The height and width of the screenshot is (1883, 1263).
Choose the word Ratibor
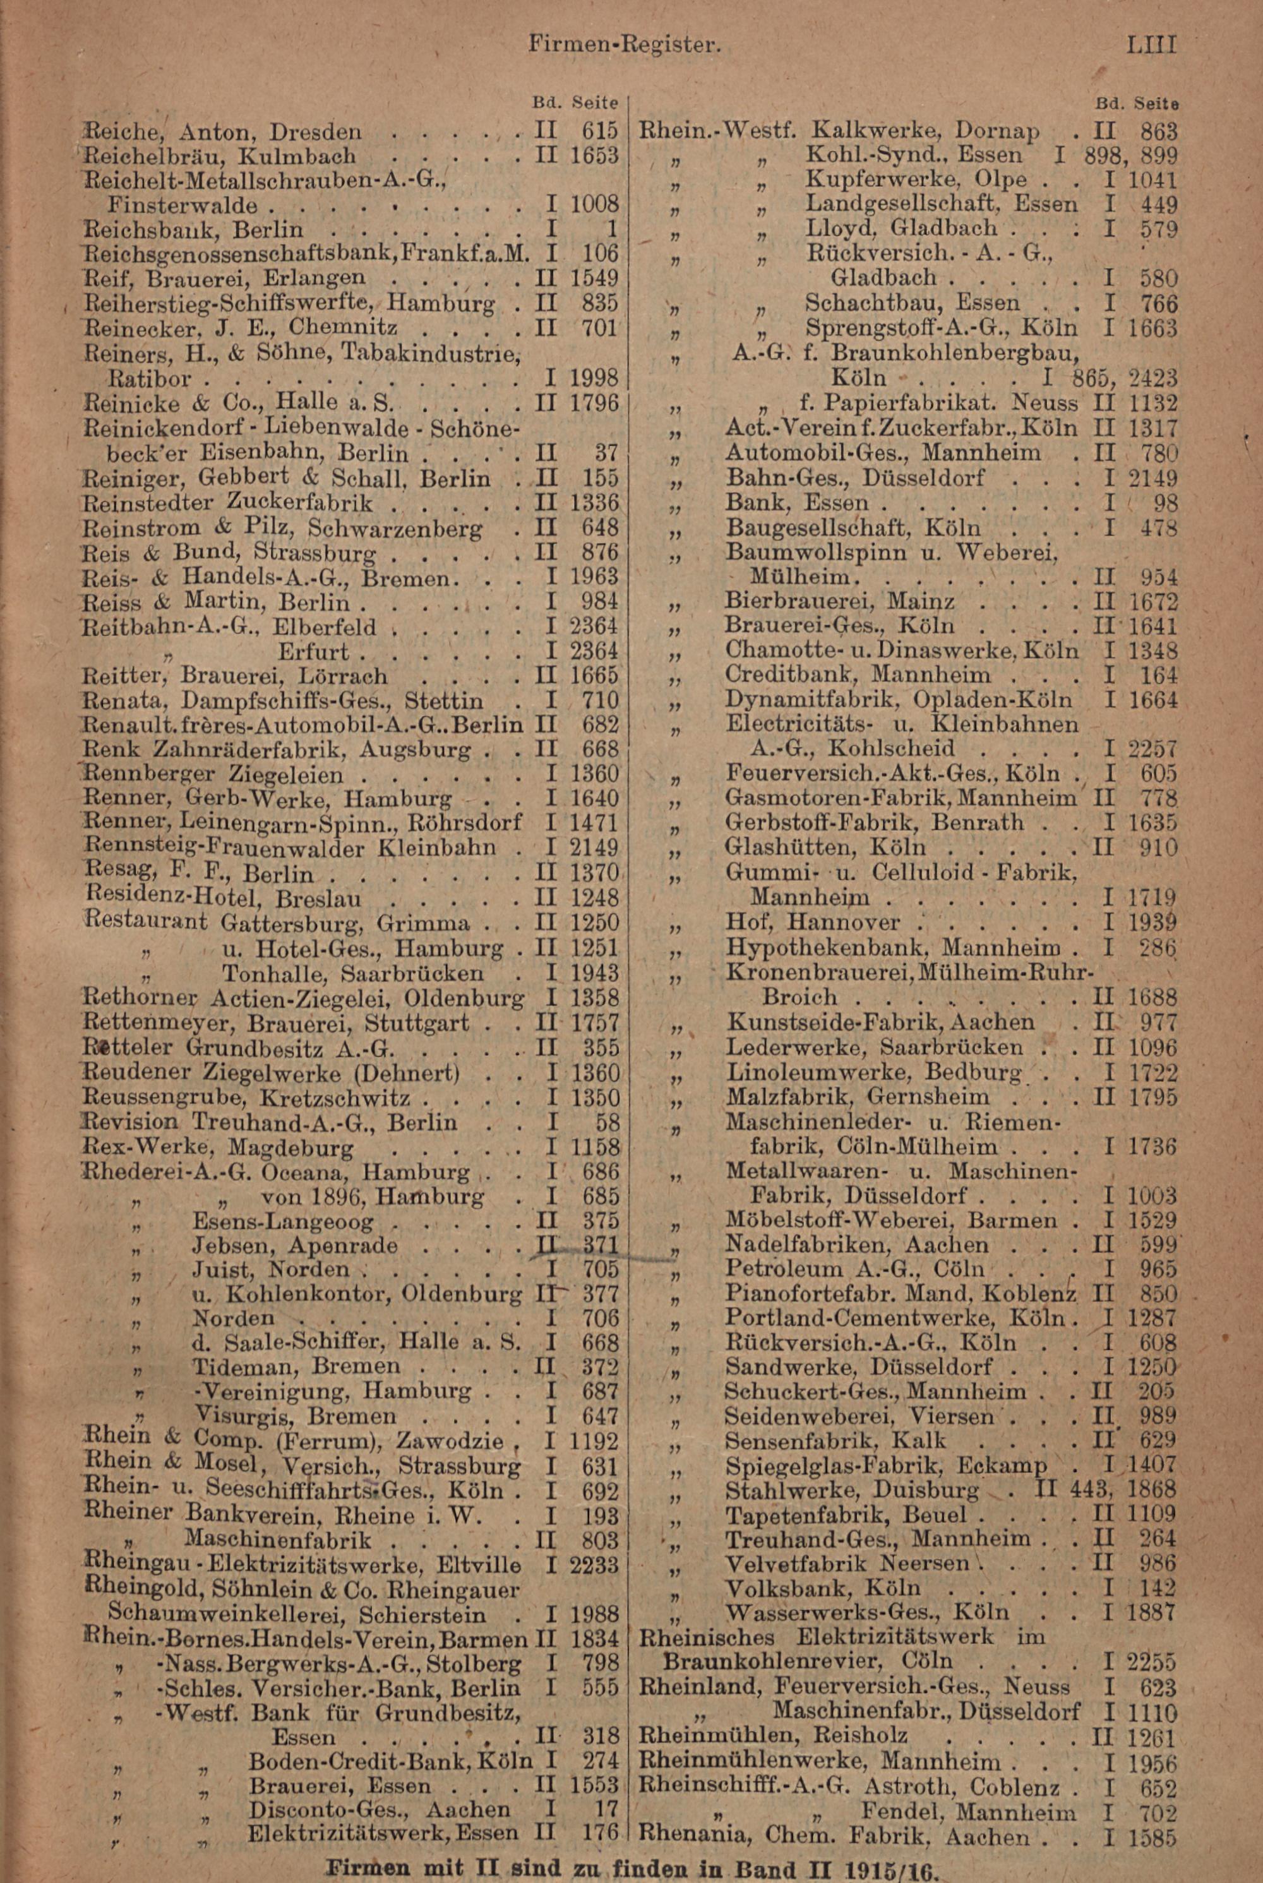(149, 377)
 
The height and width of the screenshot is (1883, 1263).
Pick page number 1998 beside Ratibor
(594, 377)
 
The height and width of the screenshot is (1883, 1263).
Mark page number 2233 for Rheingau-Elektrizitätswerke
(594, 1565)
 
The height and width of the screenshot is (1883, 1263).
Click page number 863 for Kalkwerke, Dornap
(1158, 131)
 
